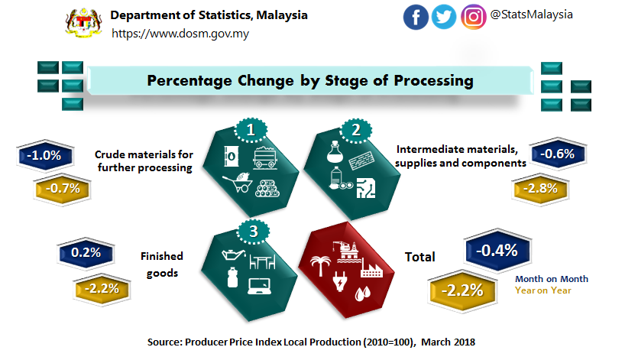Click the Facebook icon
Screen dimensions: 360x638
tap(416, 17)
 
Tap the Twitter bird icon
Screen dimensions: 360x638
tap(444, 17)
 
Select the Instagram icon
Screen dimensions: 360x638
tap(474, 17)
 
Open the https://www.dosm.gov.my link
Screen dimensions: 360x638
tap(180, 34)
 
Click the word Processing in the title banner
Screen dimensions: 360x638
tap(429, 80)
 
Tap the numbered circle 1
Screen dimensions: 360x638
tap(250, 131)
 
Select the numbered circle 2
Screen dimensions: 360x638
tap(355, 131)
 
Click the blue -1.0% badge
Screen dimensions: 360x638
tap(44, 155)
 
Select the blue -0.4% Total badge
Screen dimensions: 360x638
tap(497, 250)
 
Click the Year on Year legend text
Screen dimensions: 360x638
tap(542, 290)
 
